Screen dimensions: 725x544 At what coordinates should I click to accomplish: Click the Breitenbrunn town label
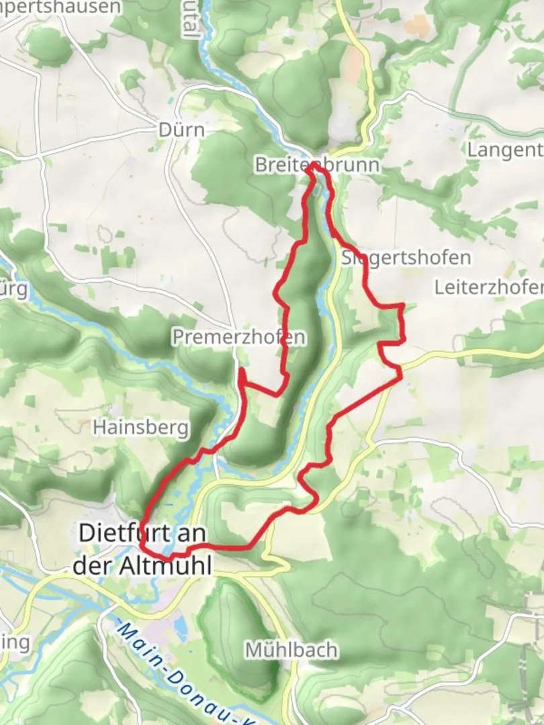click(x=316, y=165)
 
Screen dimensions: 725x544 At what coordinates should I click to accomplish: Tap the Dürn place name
click(x=181, y=129)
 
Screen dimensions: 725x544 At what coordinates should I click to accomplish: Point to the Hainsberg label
click(x=140, y=427)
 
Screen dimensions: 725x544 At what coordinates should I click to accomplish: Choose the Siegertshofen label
click(x=406, y=258)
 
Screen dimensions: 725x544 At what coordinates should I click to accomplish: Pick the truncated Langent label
click(x=504, y=150)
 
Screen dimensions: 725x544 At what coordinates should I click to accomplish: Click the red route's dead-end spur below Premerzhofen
click(x=240, y=370)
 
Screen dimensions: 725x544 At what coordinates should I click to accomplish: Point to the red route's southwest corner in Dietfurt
click(x=143, y=547)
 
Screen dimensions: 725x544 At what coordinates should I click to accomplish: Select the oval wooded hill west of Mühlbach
click(x=233, y=631)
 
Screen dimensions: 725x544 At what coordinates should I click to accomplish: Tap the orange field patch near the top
click(x=418, y=26)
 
